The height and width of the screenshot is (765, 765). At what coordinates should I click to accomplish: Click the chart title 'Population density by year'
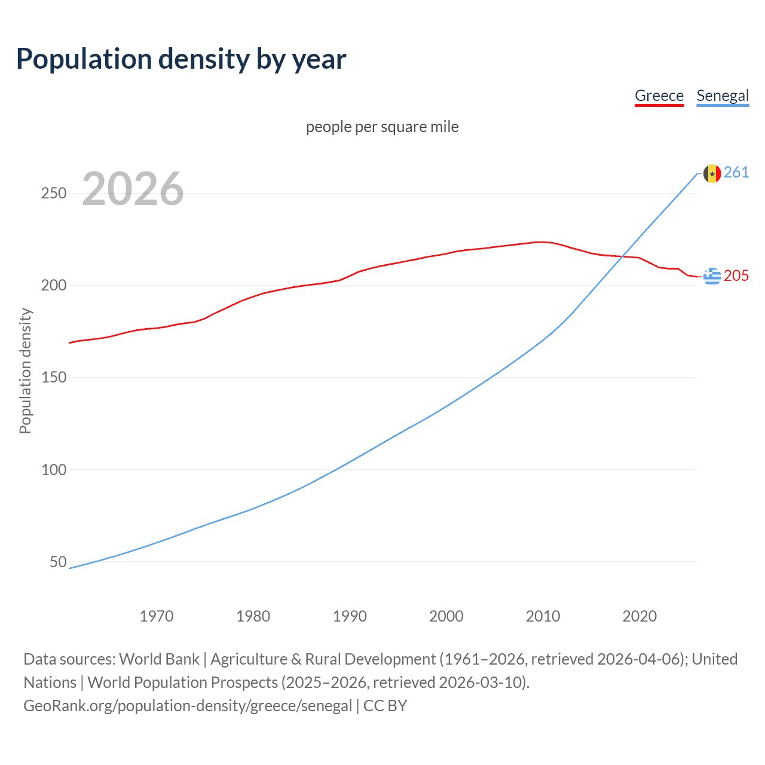tap(181, 59)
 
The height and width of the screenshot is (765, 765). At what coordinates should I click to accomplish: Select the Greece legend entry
tap(659, 96)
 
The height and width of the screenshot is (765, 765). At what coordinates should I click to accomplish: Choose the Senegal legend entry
tap(723, 96)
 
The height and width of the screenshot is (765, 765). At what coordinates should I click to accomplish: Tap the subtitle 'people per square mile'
tap(382, 127)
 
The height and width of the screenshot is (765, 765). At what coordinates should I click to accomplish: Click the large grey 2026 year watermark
tap(133, 189)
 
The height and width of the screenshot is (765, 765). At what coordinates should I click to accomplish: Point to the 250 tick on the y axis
tap(54, 194)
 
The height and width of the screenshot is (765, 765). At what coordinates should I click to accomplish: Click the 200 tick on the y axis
tap(54, 286)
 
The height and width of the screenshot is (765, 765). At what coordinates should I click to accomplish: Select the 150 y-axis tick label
tap(54, 378)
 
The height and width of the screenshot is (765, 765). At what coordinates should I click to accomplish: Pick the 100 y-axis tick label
tap(54, 470)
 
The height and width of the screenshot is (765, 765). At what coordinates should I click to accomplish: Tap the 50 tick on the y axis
tap(58, 562)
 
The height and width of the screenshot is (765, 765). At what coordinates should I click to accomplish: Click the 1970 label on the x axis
tap(157, 616)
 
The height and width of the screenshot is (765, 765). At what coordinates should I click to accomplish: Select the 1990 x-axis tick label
tap(350, 616)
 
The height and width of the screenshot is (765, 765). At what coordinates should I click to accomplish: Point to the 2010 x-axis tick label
tap(543, 616)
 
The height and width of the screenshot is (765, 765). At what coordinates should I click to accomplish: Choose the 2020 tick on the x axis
tap(639, 616)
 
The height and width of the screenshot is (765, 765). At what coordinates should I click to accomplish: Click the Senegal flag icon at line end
tap(712, 173)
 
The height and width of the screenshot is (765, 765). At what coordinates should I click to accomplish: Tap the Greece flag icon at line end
tap(712, 276)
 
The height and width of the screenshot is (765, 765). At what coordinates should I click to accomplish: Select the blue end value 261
tap(736, 173)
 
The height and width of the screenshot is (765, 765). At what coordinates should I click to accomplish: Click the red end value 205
tap(736, 276)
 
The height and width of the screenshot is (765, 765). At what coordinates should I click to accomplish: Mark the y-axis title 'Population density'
tap(25, 371)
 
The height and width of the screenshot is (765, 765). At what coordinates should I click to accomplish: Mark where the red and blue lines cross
tap(622, 256)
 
